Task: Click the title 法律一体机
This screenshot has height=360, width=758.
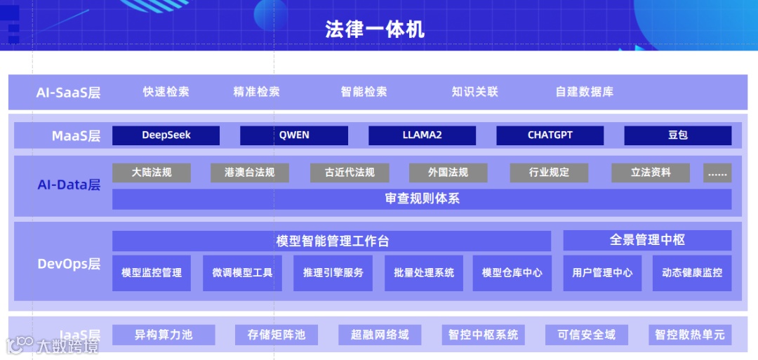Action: [375, 29]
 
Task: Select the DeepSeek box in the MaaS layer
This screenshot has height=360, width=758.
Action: [166, 135]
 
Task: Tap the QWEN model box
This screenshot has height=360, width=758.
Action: [294, 135]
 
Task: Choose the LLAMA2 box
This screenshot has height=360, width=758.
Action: [422, 135]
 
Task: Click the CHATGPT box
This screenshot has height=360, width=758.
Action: [550, 135]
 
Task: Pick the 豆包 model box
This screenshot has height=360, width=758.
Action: [677, 135]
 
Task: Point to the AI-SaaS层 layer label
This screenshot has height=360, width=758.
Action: [68, 93]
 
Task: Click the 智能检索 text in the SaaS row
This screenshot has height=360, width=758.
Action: [364, 92]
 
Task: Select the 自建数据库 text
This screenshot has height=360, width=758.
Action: [584, 92]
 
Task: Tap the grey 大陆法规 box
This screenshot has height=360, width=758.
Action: [152, 173]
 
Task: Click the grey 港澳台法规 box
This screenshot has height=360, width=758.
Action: [250, 173]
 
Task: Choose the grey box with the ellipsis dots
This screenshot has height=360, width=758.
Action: [717, 173]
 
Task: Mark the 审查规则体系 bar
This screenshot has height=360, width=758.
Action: [422, 199]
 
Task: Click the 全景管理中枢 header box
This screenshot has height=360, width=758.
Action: [647, 240]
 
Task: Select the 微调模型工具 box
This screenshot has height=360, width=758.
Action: [242, 273]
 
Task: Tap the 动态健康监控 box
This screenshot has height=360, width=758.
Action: [692, 273]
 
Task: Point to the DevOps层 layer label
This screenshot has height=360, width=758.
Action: [68, 264]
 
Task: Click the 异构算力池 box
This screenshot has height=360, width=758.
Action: [164, 335]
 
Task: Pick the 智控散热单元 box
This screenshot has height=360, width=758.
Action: [689, 335]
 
